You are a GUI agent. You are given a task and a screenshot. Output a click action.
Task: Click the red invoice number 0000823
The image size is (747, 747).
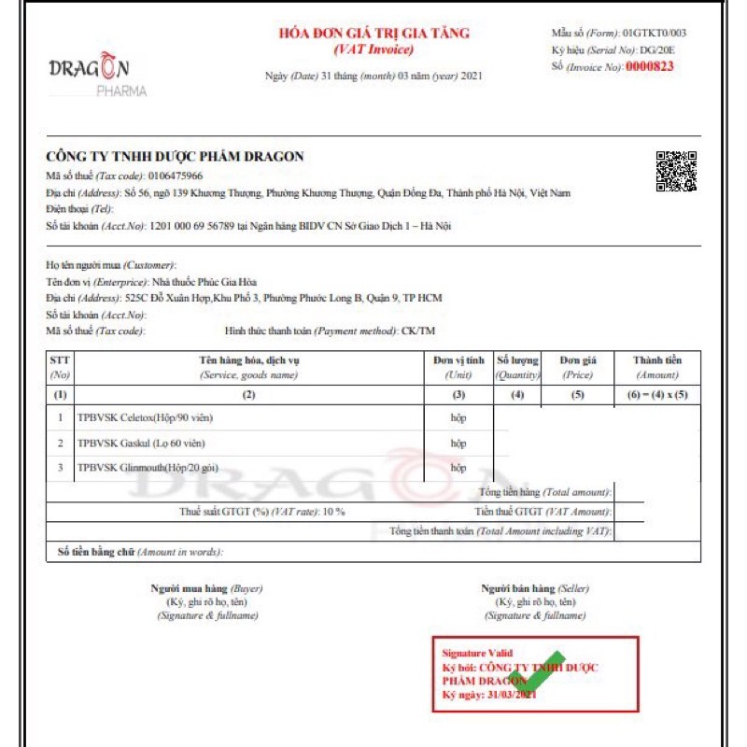point(649,66)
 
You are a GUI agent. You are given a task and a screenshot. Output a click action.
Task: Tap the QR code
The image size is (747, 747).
point(676,171)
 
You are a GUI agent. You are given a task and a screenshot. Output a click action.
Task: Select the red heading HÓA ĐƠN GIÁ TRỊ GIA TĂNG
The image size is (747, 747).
point(374,34)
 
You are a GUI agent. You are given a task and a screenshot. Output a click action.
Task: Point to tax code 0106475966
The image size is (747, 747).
point(173,176)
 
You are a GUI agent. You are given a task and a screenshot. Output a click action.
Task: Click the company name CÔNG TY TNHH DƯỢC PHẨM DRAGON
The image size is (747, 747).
point(175,157)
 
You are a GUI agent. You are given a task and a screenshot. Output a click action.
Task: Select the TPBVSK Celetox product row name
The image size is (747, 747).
point(146,417)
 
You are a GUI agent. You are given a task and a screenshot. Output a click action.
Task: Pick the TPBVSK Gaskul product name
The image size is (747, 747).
point(140,443)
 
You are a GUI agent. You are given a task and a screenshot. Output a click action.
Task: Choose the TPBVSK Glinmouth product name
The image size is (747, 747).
point(149,467)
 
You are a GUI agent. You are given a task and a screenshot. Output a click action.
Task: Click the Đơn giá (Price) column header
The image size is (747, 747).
point(578,366)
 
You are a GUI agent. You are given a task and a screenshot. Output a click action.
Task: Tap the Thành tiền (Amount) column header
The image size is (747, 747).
point(656,366)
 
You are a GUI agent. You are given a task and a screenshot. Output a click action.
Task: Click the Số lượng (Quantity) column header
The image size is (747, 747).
point(517,366)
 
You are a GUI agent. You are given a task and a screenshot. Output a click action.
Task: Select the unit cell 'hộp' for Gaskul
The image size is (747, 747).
point(458,443)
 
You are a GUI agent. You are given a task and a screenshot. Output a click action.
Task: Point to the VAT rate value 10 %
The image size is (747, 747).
point(334,512)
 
